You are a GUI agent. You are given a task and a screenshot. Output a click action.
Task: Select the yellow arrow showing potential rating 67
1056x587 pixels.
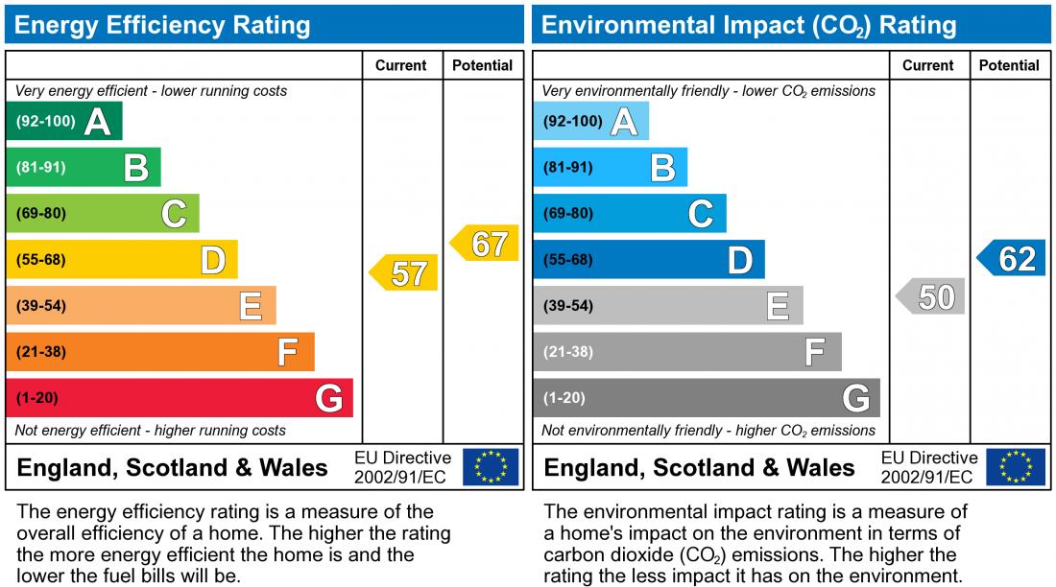pos(486,244)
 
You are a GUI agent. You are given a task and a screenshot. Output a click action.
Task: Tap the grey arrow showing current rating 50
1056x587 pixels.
pos(932,296)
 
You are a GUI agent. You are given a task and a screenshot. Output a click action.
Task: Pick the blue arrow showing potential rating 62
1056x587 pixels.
pos(1013,258)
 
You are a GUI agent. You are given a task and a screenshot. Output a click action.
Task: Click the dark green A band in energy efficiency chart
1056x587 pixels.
pos(63,122)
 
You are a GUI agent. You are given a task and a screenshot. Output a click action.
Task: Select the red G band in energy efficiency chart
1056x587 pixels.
pos(179,398)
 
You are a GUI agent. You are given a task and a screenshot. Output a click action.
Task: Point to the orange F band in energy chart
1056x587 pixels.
pos(159,352)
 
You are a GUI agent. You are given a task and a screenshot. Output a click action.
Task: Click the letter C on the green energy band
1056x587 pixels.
pos(174,213)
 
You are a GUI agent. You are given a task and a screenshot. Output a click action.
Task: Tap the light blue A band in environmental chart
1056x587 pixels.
pos(590,122)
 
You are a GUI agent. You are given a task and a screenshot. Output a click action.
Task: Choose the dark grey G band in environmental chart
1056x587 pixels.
pos(706,398)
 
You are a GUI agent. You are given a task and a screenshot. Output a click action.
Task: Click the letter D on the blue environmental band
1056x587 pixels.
pos(740,260)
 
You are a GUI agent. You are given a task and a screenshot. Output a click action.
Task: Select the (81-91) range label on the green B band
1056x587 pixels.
pos(41,168)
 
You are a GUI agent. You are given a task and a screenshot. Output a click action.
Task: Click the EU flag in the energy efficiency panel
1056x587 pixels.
pos(490,467)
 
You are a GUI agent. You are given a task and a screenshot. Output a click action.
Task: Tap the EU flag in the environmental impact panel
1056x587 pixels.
pos(1017,467)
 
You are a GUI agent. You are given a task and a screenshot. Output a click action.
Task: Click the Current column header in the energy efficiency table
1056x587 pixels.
pos(401,65)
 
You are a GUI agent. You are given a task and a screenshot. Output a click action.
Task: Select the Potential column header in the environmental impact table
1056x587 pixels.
pos(1009,65)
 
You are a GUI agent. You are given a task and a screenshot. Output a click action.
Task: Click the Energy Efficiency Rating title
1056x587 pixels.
pos(162,25)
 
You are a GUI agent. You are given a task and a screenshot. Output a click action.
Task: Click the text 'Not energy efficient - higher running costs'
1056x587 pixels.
pos(151,431)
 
